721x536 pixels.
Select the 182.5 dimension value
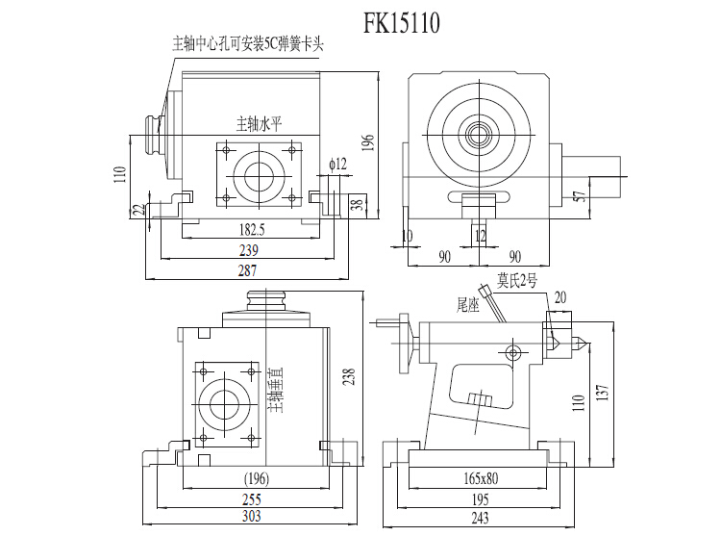click(x=251, y=229)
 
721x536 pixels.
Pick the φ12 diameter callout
click(x=336, y=165)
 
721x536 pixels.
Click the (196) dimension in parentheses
click(x=255, y=479)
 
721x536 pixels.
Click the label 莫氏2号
click(x=517, y=282)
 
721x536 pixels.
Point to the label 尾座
click(x=467, y=304)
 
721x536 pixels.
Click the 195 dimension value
click(x=481, y=499)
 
